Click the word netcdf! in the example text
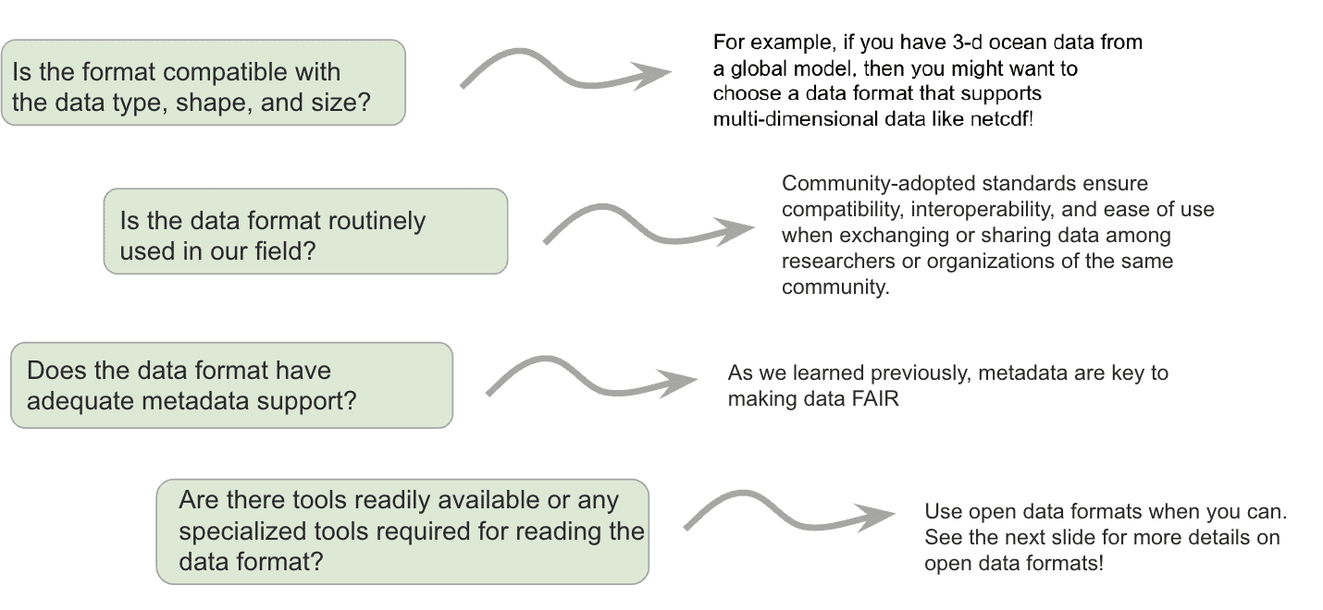click(1002, 119)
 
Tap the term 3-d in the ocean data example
click(968, 42)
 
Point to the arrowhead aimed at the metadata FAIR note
click(678, 383)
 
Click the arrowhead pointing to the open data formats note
click(875, 517)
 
